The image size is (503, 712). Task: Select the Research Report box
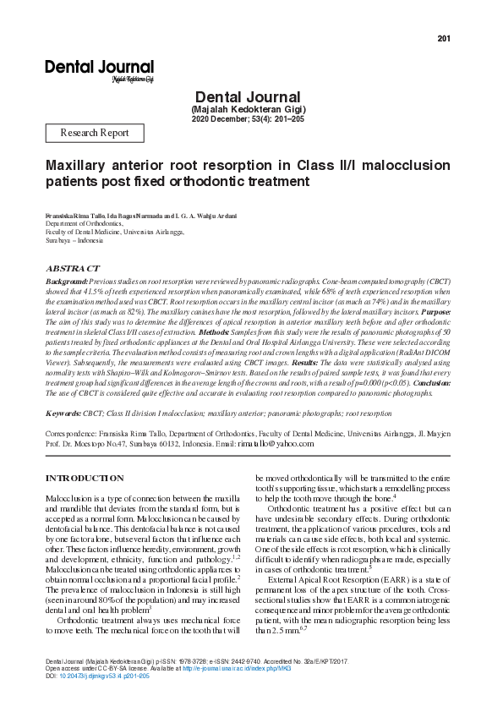point(95,133)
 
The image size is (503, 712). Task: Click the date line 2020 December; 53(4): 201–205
point(249,119)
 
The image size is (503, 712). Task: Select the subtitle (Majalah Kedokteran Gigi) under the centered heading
point(249,109)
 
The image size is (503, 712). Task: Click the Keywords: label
point(63,414)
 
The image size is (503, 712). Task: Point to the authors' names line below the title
point(140,216)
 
